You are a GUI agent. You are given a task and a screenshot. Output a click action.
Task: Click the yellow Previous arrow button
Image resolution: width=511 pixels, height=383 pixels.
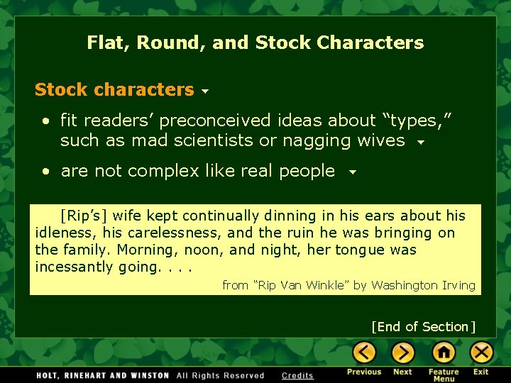click(x=364, y=352)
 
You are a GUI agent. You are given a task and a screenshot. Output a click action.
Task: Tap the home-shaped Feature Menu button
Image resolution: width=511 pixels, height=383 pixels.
click(x=443, y=352)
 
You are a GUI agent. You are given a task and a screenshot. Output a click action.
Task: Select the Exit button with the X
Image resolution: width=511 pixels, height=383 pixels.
click(x=481, y=352)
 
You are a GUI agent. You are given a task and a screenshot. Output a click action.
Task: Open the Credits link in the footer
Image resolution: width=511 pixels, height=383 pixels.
click(x=297, y=375)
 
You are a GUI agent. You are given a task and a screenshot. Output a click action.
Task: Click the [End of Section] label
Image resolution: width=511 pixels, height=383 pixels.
click(x=423, y=326)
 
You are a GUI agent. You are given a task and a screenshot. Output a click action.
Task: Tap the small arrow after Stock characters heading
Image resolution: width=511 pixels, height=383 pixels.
click(x=205, y=92)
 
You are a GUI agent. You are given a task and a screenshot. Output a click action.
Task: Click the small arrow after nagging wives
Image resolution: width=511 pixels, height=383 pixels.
click(x=421, y=143)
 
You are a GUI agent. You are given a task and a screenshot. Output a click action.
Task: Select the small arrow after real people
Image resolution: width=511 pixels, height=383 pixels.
click(x=351, y=172)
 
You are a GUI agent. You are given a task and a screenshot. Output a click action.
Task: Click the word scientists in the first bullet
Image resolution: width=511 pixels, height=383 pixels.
click(x=219, y=140)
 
